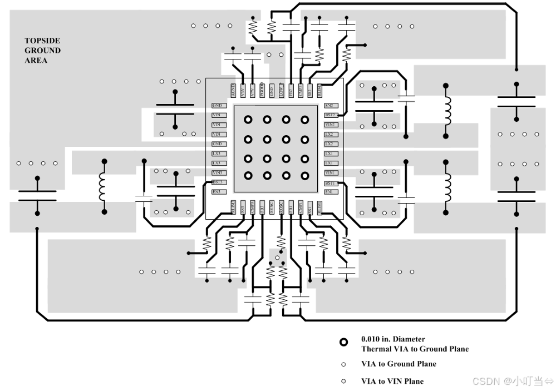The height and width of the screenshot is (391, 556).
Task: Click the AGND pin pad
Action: click(x=234, y=90)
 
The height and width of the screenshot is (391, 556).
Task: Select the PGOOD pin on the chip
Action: click(x=262, y=90)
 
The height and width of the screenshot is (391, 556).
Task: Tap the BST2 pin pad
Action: click(x=330, y=115)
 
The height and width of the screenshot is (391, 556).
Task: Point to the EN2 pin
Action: click(x=330, y=106)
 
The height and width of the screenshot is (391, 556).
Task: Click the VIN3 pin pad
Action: click(x=218, y=173)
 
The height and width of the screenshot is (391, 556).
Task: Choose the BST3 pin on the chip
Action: click(x=218, y=182)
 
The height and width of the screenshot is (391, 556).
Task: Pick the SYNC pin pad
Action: click(x=272, y=207)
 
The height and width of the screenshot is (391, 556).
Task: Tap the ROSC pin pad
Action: click(x=281, y=207)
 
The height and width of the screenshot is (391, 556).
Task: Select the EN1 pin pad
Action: click(x=330, y=192)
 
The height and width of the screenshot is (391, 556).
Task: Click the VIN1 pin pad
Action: click(x=330, y=173)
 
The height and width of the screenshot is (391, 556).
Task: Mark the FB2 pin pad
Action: click(x=291, y=90)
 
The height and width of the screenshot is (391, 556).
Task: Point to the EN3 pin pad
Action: click(x=218, y=192)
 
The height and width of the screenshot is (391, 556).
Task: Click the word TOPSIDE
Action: click(x=42, y=41)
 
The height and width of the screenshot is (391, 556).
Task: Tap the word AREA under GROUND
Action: click(x=36, y=60)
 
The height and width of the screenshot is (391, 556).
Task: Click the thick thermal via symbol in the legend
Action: click(x=344, y=343)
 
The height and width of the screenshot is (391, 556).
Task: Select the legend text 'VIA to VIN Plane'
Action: click(x=392, y=381)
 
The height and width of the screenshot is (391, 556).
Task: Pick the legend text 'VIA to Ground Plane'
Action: click(x=398, y=364)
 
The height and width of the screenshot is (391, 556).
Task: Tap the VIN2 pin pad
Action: click(x=330, y=125)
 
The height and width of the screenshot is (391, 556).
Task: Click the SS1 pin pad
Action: click(x=309, y=207)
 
